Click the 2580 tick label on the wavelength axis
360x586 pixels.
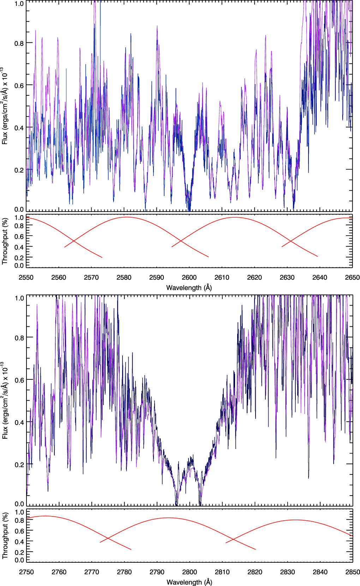[124, 277]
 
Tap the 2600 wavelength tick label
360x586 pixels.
[189, 277]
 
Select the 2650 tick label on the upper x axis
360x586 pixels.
[352, 277]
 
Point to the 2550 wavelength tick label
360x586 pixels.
[26, 277]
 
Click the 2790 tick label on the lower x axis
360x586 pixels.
[157, 572]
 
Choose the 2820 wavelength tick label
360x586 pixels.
[255, 572]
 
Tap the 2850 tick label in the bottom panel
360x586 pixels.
[353, 572]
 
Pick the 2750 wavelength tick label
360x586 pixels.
[26, 572]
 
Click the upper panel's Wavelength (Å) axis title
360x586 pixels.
[189, 288]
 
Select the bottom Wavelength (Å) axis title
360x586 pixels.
[189, 582]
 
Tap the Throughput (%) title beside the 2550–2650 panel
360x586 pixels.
[5, 241]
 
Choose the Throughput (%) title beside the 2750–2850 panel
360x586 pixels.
[5, 535]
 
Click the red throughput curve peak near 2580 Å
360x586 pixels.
[127, 217]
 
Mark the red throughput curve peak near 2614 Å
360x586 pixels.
[235, 217]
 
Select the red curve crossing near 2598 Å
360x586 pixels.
[181, 241]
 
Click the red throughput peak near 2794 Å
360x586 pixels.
[168, 518]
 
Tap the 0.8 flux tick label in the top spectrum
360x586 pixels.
[19, 43]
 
